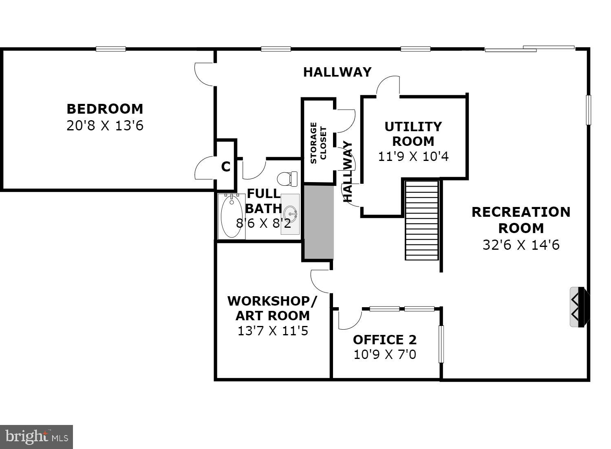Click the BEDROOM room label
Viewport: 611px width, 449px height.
105,109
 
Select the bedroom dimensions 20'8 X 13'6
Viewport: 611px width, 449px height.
105,125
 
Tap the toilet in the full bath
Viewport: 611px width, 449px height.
287,178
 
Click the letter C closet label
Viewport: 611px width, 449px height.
225,167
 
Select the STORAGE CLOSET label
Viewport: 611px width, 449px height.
318,143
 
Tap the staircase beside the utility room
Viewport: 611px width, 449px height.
422,220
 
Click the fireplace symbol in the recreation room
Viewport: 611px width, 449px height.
579,307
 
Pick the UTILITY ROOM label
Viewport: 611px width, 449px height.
413,134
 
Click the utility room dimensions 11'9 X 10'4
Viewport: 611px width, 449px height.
413,156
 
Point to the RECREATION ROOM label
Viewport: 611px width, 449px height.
521,220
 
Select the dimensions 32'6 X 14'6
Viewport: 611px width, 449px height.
521,245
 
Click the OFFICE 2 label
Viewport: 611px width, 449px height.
384,339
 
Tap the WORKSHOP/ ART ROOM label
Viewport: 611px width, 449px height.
272,308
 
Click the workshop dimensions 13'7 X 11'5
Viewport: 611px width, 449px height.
272,330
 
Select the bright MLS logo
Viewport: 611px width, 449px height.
36,437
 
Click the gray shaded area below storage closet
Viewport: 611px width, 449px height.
319,222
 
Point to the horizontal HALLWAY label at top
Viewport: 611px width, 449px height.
337,72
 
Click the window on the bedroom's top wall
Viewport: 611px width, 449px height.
110,49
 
